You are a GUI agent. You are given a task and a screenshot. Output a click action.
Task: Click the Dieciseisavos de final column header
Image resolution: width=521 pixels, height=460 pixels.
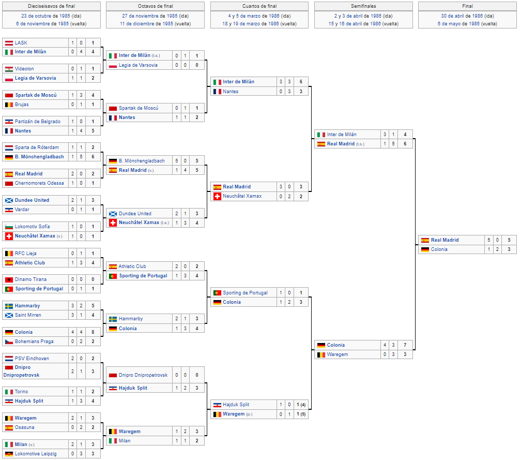[51, 6]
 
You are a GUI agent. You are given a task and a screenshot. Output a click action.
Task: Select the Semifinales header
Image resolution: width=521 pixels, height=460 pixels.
[363, 6]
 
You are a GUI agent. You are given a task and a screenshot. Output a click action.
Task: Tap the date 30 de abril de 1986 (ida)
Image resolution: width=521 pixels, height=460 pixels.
[467, 16]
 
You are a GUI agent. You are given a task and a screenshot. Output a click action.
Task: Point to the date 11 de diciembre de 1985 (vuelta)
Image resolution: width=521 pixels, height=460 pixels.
[155, 24]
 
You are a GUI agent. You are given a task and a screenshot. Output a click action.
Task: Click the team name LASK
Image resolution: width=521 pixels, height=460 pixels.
[21, 43]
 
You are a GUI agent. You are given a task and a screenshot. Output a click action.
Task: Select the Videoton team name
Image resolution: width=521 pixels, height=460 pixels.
[24, 69]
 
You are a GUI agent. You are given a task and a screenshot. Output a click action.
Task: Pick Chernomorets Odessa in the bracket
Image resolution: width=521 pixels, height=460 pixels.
[39, 183]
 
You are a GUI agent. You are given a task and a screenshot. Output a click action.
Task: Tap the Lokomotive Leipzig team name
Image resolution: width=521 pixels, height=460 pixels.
[36, 454]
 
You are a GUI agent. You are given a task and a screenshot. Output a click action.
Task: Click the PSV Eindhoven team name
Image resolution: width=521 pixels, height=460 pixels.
[32, 358]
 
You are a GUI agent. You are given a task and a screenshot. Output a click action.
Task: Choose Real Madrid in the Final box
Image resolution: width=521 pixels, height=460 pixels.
[445, 240]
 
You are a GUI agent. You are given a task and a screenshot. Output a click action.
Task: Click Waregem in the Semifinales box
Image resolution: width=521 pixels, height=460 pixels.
[337, 354]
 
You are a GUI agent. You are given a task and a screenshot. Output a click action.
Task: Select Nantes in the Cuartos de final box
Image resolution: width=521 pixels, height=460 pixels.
[231, 92]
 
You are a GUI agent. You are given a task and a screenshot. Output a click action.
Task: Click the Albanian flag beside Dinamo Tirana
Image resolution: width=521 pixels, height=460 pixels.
[9, 280]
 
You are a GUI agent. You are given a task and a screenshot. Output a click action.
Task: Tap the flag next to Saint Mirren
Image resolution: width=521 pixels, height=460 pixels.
[9, 315]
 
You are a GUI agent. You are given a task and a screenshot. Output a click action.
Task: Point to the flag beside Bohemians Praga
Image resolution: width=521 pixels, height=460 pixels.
[9, 342]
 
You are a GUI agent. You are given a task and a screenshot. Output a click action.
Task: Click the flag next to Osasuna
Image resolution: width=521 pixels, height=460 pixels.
[9, 427]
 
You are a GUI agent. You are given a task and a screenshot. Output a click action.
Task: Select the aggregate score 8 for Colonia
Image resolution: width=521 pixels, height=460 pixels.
[93, 332]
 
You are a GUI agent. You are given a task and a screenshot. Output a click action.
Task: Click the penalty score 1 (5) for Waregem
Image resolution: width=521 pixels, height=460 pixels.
[301, 414]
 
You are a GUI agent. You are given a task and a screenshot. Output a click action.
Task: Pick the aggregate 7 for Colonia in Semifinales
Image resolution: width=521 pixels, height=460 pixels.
[405, 345]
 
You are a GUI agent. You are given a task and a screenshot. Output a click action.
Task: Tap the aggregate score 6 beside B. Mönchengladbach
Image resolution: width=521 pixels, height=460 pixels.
[93, 157]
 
